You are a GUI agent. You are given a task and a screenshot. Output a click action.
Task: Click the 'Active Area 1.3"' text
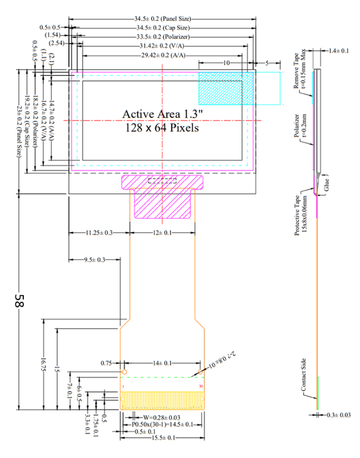(x=161, y=114)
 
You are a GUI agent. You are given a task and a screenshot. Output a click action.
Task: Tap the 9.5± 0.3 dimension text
(x=95, y=260)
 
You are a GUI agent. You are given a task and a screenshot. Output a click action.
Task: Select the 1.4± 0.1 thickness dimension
(x=338, y=51)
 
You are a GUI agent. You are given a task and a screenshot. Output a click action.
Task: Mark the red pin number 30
(x=200, y=385)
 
